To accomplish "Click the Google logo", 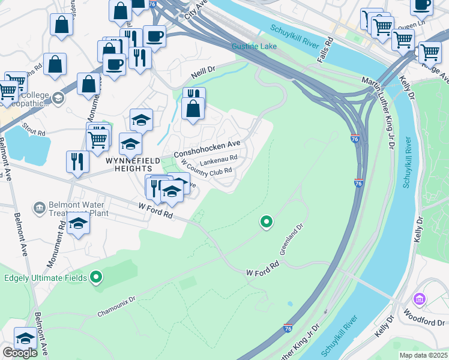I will [x=20, y=353].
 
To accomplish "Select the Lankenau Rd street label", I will [x=218, y=162].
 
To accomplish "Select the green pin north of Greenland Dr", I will [x=267, y=222].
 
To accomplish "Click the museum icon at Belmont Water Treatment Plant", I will [x=40, y=208].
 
